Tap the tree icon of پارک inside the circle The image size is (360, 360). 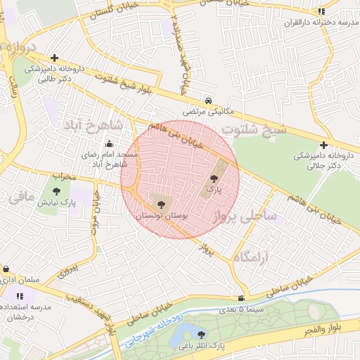click(214, 179)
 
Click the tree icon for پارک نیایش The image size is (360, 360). click(57, 190)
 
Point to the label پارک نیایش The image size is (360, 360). click(58, 202)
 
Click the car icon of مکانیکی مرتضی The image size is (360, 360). click(207, 100)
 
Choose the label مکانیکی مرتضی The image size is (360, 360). click(207, 112)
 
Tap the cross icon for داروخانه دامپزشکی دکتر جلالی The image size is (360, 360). click(323, 144)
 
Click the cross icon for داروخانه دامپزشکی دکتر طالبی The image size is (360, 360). click(55, 58)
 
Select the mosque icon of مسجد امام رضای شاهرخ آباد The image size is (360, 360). click(108, 144)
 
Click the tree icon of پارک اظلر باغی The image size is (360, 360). click(202, 335)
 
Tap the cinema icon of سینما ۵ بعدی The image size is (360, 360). click(242, 298)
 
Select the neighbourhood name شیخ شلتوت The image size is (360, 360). click(254, 130)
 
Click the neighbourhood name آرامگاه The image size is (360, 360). click(251, 255)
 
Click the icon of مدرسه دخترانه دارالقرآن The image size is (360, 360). click(321, 11)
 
